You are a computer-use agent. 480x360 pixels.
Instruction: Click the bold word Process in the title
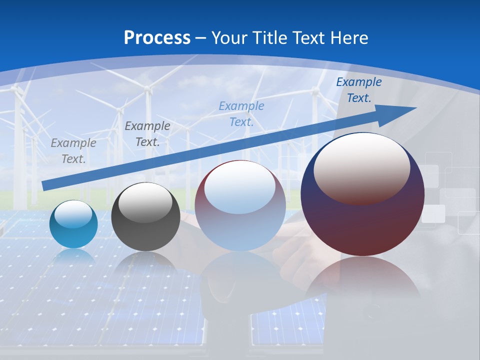coord(157,38)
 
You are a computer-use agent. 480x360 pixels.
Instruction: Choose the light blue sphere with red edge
coord(240,225)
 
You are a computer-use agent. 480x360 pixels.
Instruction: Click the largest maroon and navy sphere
coord(362,220)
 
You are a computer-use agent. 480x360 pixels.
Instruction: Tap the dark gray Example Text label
coord(147,134)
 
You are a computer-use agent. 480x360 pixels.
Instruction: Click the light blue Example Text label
coord(241,114)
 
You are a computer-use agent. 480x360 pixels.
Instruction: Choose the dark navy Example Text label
coord(358,90)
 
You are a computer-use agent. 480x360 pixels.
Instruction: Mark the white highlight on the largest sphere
coord(361,167)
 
